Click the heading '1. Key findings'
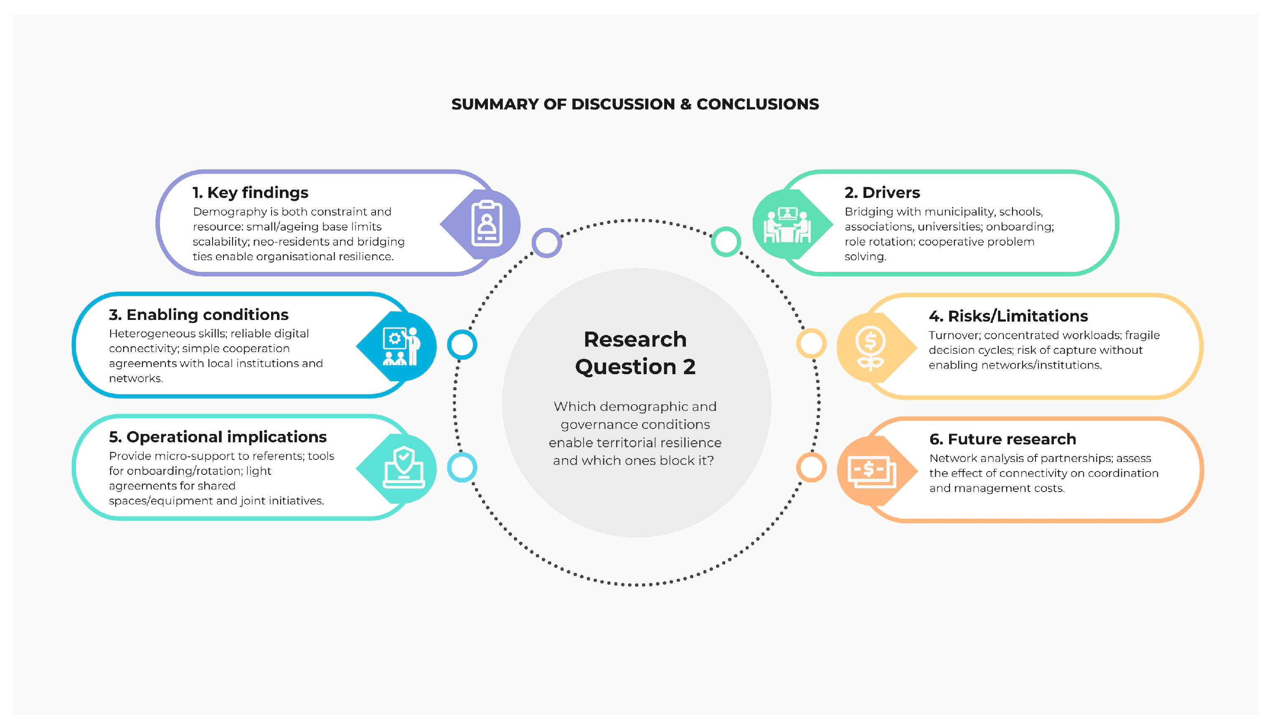250,193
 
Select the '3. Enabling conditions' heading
198,315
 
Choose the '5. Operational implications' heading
218,437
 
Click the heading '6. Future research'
1002,439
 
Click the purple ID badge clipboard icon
486,223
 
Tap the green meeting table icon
787,225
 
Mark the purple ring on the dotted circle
546,243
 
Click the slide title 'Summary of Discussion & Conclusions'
634,104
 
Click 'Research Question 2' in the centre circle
634,352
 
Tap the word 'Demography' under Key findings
230,212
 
